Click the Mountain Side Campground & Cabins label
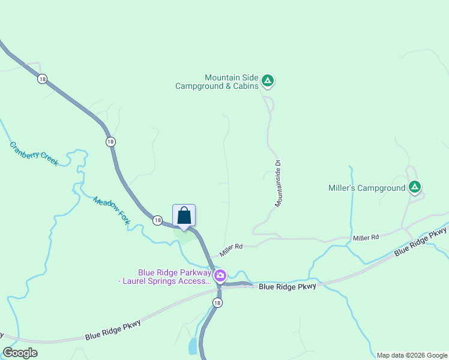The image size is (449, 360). click(x=217, y=82)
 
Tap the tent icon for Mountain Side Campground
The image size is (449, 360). click(x=268, y=80)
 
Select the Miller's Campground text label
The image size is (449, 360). click(x=367, y=188)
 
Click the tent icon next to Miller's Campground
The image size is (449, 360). click(x=414, y=187)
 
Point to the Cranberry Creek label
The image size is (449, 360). click(x=34, y=154)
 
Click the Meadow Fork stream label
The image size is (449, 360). click(x=112, y=211)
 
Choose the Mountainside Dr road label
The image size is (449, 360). click(x=279, y=184)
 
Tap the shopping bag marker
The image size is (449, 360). click(x=184, y=216)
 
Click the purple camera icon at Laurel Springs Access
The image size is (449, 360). click(x=220, y=275)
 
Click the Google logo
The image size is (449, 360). click(x=20, y=353)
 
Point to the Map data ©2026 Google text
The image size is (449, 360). click(x=412, y=355)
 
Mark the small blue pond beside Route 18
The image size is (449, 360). click(x=192, y=346)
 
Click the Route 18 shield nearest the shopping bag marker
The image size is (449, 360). click(x=157, y=220)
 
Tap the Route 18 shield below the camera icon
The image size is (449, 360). click(x=217, y=303)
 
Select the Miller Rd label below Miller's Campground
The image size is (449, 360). click(x=366, y=238)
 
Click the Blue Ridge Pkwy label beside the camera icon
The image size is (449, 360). click(x=287, y=287)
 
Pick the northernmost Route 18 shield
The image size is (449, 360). click(x=41, y=79)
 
